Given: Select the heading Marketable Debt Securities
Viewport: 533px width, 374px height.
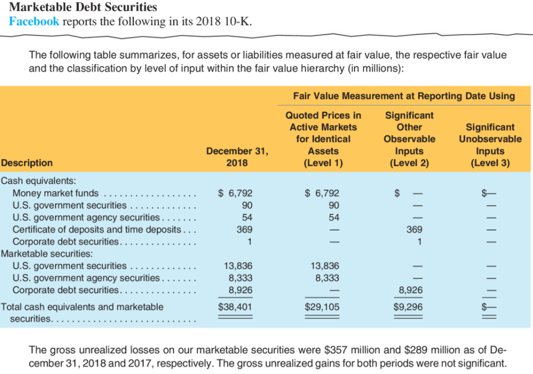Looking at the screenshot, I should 83,7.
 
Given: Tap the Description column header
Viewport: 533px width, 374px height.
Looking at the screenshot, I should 27,162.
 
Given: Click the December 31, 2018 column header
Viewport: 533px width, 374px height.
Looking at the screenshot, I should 237,157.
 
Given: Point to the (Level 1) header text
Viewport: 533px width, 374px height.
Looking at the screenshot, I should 323,163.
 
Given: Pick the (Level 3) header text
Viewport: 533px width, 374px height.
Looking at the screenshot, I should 490,163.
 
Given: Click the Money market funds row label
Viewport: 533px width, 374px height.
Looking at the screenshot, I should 56,193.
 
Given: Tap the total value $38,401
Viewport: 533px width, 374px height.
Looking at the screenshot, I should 236,307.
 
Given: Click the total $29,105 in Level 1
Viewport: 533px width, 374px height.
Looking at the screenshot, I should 322,307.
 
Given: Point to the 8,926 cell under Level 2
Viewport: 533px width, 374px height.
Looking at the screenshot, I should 411,290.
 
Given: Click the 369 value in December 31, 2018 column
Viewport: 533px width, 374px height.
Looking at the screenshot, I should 244,229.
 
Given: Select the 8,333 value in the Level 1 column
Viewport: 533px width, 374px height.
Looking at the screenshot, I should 326,278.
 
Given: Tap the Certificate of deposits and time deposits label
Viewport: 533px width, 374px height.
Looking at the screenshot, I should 97,229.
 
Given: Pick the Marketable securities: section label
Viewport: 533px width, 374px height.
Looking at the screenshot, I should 46,253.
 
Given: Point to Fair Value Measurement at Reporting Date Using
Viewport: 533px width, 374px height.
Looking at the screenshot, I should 404,96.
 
